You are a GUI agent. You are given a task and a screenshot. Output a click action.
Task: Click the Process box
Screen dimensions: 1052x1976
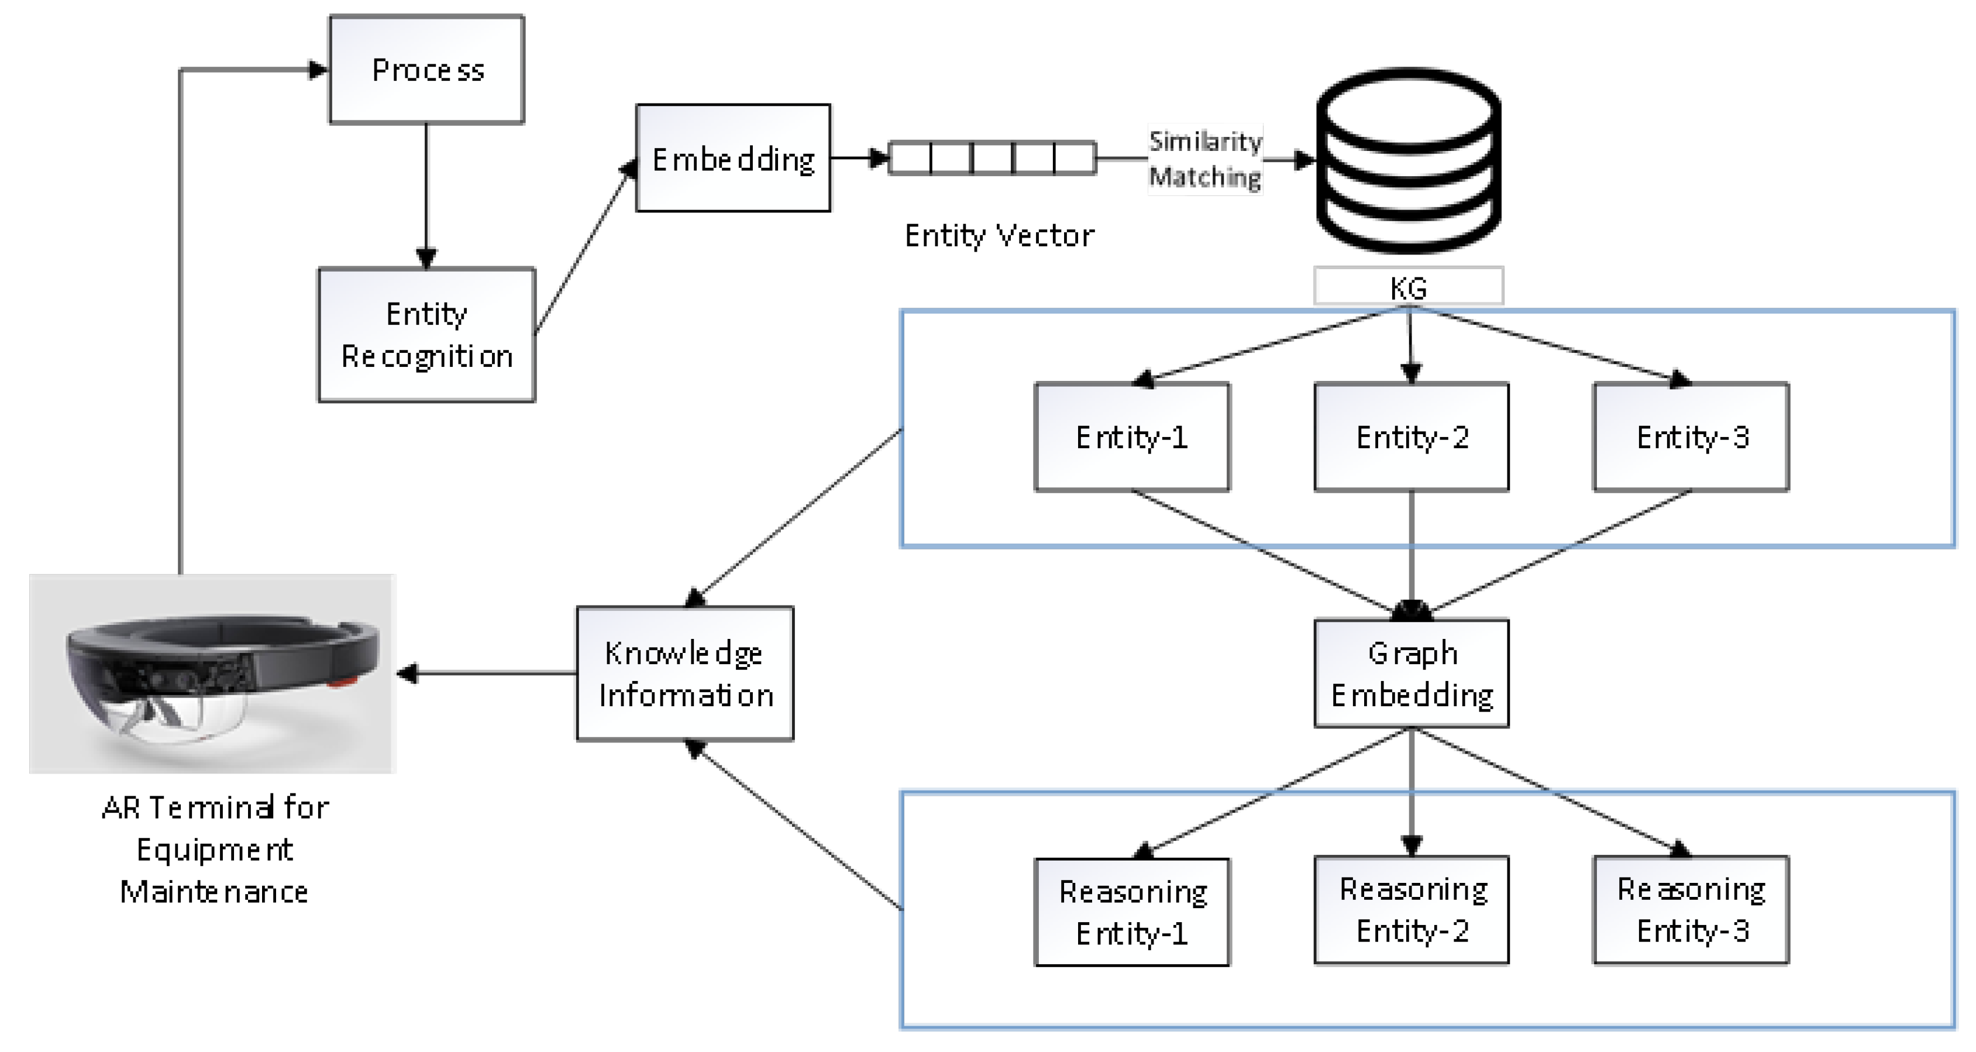coord(426,69)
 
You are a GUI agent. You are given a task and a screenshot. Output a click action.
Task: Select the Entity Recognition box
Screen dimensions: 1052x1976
coord(426,335)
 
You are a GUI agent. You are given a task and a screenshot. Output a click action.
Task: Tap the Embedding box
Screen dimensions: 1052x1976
coord(732,158)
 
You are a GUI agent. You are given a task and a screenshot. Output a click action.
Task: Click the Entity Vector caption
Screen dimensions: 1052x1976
coord(999,236)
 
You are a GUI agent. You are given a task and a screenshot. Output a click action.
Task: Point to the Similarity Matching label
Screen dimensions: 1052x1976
coord(1204,159)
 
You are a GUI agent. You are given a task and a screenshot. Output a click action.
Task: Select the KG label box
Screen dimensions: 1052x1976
coord(1409,286)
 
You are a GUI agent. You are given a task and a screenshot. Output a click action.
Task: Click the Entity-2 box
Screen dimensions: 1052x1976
coord(1412,436)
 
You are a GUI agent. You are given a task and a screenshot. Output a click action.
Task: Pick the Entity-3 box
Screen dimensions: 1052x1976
coord(1691,436)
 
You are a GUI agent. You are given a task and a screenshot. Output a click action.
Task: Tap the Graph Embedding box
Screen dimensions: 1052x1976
coord(1412,673)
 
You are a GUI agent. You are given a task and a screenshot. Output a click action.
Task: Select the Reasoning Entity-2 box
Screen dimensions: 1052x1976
coord(1412,909)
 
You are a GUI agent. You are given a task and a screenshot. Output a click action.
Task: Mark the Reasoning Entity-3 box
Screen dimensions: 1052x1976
coord(1691,909)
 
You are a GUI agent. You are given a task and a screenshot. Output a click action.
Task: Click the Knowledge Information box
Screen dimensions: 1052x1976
coord(685,673)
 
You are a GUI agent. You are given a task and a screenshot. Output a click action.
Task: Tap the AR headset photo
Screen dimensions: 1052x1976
coord(212,673)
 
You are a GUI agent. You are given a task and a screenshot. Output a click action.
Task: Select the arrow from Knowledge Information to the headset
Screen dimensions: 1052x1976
coord(491,673)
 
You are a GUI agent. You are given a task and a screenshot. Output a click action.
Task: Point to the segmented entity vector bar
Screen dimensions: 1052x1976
coord(992,158)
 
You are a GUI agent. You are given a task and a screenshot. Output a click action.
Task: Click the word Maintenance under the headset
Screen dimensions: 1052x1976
coord(214,892)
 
